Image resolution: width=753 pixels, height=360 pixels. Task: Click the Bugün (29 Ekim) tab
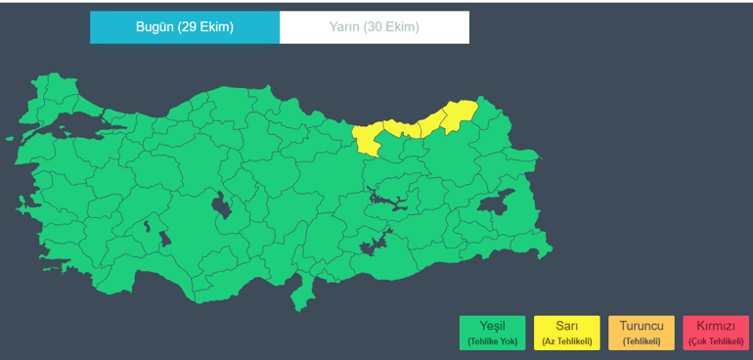pyautogui.click(x=185, y=27)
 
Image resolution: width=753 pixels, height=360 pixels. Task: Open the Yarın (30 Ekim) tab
pyautogui.click(x=375, y=27)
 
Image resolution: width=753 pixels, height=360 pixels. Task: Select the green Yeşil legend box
pyautogui.click(x=492, y=333)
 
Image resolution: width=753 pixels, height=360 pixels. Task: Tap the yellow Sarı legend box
pyautogui.click(x=566, y=333)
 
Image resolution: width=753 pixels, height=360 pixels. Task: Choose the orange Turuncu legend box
pyautogui.click(x=641, y=333)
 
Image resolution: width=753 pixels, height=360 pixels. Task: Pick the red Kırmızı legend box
pyautogui.click(x=715, y=333)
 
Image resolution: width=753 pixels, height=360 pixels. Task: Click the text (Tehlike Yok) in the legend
pyautogui.click(x=492, y=341)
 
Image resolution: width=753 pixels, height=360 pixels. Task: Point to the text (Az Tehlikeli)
pyautogui.click(x=566, y=341)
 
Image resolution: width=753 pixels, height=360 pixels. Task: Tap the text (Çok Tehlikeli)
pyautogui.click(x=715, y=341)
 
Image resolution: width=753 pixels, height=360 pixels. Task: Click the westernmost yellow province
pyautogui.click(x=369, y=141)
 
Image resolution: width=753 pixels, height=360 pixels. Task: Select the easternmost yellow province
pyautogui.click(x=461, y=115)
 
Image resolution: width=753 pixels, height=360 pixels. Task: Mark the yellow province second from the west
pyautogui.click(x=396, y=128)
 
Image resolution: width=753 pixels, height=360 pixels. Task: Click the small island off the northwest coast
pyautogui.click(x=21, y=204)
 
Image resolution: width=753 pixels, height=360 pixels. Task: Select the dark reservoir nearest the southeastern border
pyautogui.click(x=374, y=245)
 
